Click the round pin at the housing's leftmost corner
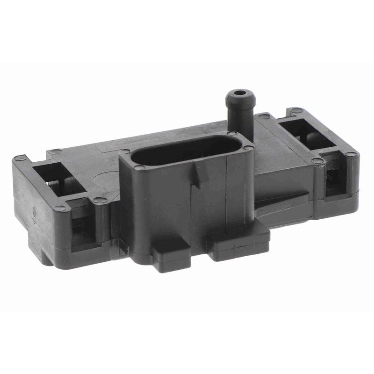[20, 158]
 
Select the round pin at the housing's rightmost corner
[351, 154]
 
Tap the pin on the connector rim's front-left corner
[139, 167]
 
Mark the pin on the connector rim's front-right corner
[248, 148]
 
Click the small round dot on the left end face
[34, 211]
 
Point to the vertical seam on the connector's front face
[226, 192]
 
